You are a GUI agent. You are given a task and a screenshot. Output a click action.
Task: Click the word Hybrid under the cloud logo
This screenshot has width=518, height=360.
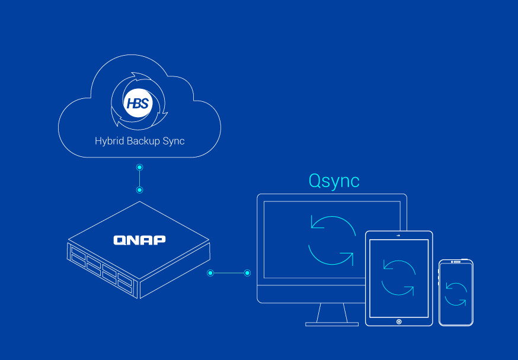110,142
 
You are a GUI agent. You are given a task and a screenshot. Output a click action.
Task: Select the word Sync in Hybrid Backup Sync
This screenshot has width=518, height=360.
174,142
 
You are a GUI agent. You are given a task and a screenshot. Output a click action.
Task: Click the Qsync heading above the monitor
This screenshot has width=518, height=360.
334,181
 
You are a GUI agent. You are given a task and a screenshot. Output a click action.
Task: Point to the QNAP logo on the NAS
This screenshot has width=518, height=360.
139,240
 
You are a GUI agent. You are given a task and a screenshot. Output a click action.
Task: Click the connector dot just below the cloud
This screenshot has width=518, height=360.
139,168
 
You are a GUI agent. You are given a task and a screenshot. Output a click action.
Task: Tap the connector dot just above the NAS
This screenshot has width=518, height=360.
139,190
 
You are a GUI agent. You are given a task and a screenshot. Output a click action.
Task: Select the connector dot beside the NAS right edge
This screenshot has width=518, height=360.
210,273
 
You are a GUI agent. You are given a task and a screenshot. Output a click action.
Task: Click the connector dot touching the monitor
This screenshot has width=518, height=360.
248,273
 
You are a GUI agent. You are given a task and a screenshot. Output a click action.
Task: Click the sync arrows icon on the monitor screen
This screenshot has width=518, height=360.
332,241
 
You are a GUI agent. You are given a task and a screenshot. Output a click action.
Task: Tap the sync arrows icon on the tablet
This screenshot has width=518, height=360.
398,277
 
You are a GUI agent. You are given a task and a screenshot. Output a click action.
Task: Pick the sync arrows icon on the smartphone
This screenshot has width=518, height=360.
456,294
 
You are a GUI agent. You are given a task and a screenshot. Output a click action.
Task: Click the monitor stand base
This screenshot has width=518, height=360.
332,324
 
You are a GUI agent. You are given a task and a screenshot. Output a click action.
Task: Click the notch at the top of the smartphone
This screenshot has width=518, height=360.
456,262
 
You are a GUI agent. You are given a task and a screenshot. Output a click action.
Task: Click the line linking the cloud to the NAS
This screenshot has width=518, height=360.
139,179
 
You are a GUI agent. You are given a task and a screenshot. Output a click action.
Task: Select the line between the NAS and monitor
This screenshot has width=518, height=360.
229,273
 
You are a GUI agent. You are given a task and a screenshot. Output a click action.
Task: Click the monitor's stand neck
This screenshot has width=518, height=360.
332,312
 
